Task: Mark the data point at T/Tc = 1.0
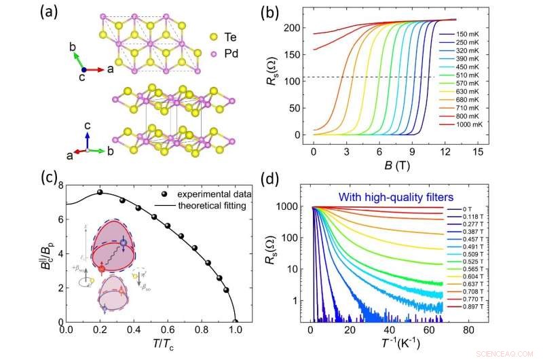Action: [x=236, y=322]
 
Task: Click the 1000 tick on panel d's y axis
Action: [x=294, y=206]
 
